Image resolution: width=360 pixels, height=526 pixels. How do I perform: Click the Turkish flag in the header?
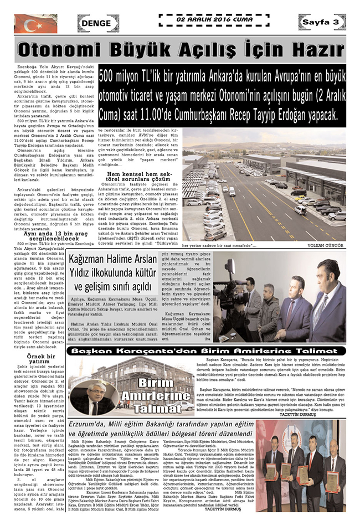[x=35, y=23]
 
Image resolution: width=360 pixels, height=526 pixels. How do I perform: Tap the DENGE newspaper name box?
[x=96, y=23]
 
